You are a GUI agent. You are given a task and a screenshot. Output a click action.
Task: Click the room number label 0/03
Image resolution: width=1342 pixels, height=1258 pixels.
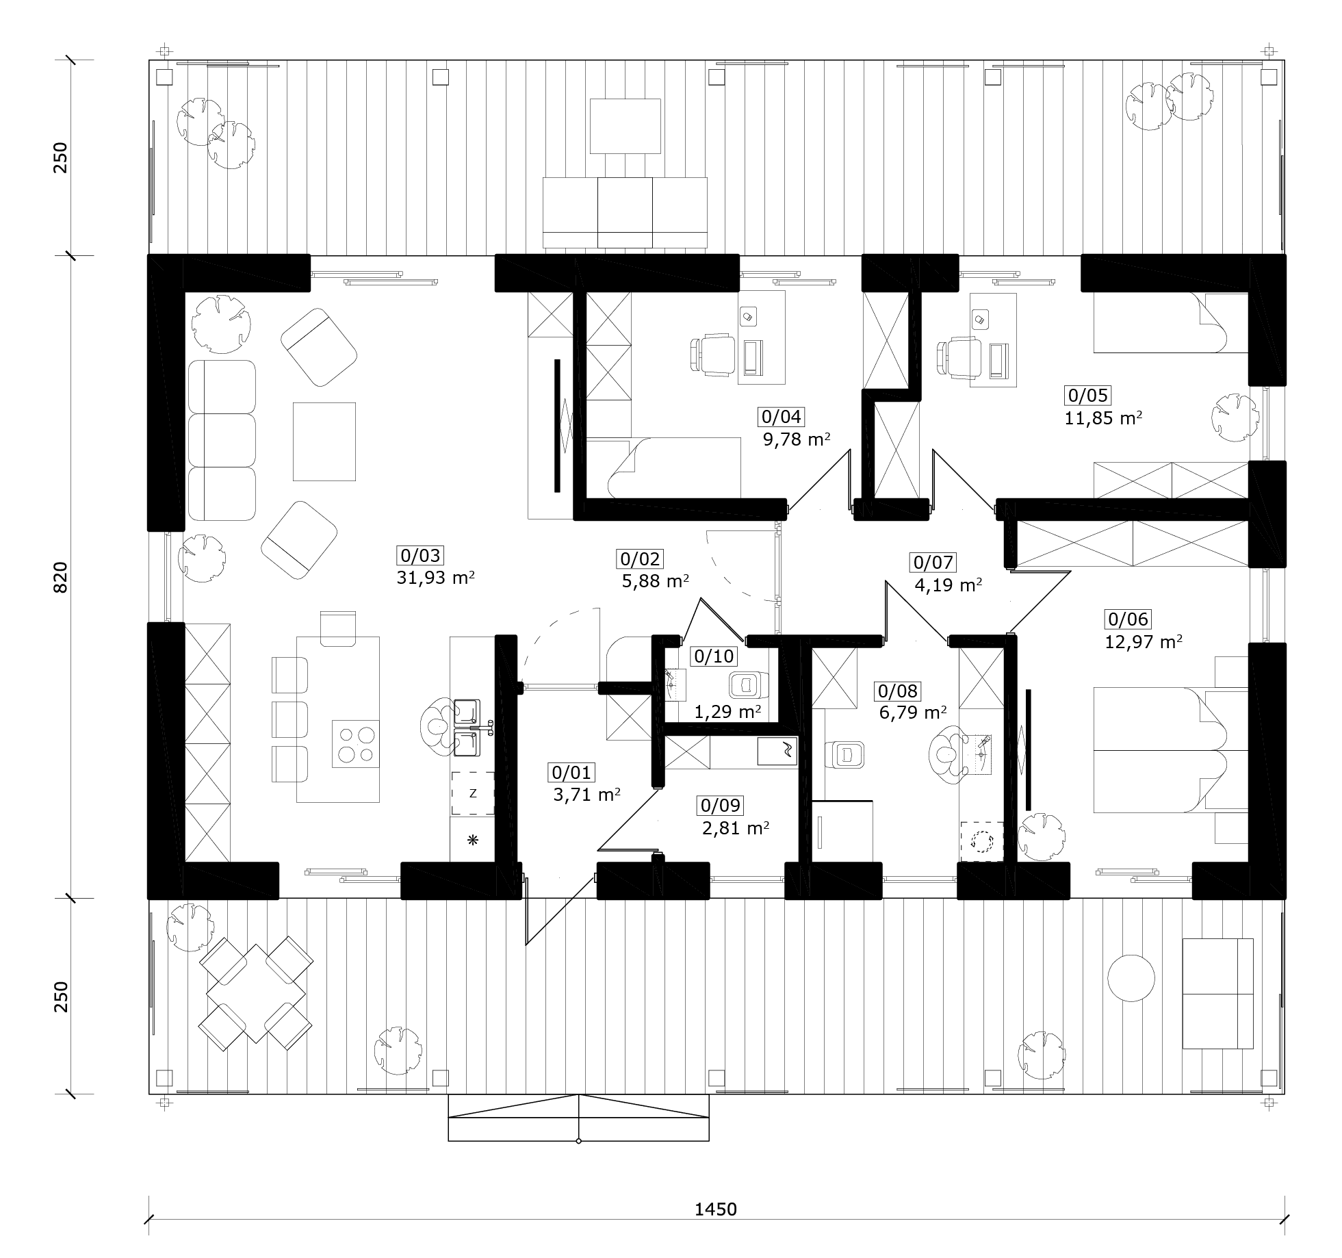click(420, 556)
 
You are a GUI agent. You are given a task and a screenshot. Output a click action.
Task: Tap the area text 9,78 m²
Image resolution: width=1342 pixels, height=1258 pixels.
click(797, 439)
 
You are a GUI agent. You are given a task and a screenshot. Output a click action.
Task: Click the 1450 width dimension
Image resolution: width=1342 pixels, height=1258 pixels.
click(716, 1209)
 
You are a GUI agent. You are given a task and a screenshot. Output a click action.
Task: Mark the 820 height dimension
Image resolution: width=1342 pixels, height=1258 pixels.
click(61, 577)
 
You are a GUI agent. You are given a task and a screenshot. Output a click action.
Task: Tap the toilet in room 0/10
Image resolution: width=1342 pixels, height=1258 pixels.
click(749, 684)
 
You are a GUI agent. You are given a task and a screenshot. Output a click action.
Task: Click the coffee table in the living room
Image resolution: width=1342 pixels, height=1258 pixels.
click(324, 442)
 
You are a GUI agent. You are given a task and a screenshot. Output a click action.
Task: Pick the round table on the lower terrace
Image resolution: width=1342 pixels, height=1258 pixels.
click(1131, 978)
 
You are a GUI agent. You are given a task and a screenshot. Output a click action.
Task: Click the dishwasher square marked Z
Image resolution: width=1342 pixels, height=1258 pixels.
click(473, 793)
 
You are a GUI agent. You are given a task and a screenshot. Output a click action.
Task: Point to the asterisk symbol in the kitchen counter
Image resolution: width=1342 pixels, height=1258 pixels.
click(472, 840)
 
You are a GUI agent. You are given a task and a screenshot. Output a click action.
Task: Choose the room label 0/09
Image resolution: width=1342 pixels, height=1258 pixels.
click(721, 806)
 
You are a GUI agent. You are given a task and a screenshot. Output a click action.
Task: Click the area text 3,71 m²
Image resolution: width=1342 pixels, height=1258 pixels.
click(586, 795)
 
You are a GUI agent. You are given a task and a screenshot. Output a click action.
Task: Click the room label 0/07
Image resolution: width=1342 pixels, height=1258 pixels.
click(933, 563)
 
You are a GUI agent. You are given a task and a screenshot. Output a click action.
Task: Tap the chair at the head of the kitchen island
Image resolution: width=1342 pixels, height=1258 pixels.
click(339, 628)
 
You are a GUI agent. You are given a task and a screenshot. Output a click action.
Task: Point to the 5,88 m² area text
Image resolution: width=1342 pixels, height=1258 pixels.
click(655, 581)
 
